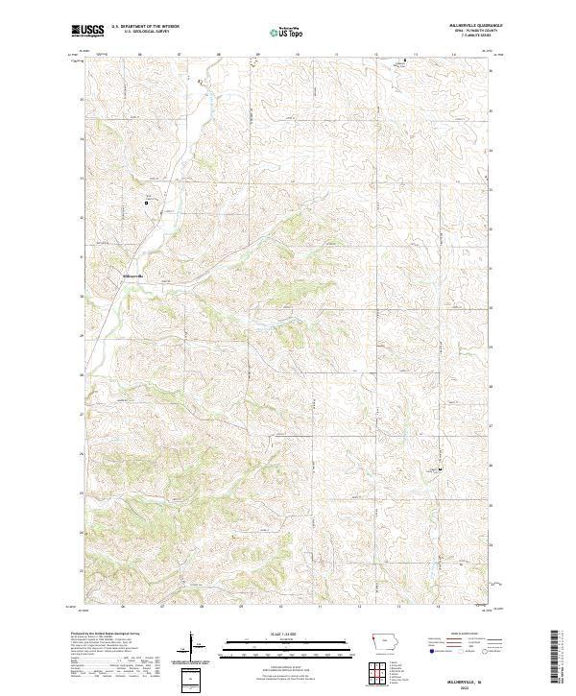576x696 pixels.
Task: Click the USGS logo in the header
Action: (x=88, y=31)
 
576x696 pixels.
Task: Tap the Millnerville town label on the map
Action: (x=132, y=276)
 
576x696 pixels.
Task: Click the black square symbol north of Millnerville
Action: (x=147, y=203)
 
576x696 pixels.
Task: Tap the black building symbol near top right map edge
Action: (x=404, y=60)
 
